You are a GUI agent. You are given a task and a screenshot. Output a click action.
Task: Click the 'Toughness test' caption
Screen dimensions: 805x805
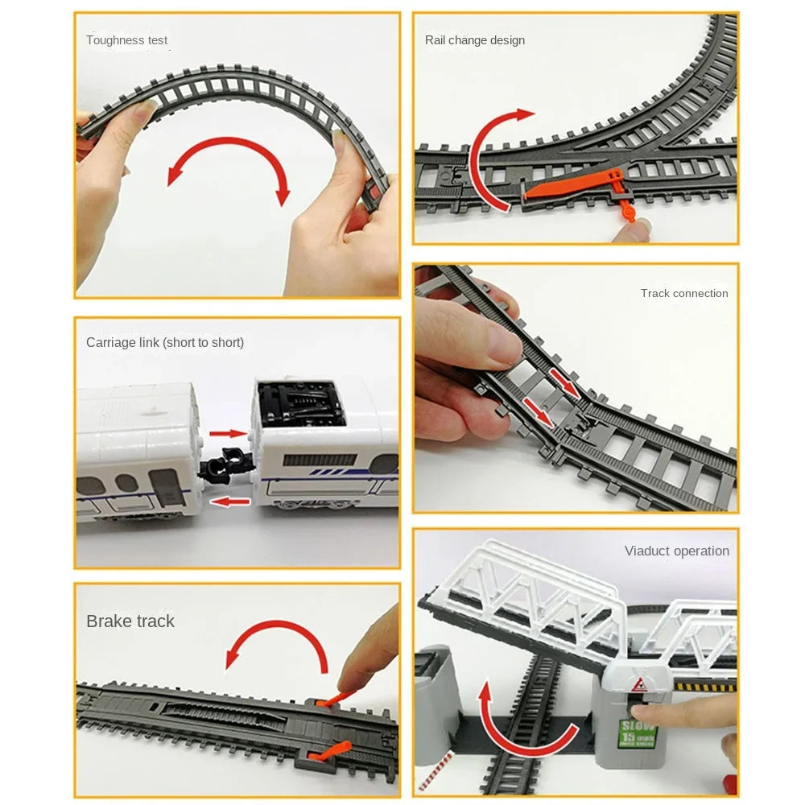tap(127, 40)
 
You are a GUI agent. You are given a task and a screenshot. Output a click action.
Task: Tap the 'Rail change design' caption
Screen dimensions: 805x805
tap(475, 40)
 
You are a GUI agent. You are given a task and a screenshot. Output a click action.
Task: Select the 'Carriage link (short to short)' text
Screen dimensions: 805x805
tap(165, 342)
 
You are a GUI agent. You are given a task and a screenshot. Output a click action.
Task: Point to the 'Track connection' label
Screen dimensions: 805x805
tap(684, 293)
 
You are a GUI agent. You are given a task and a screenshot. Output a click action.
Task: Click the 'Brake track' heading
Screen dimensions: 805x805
tap(130, 621)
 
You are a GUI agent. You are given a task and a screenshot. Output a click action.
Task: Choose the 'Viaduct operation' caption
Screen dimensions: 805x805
tap(677, 551)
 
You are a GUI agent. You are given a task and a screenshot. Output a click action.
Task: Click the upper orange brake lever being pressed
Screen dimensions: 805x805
tap(332, 699)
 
